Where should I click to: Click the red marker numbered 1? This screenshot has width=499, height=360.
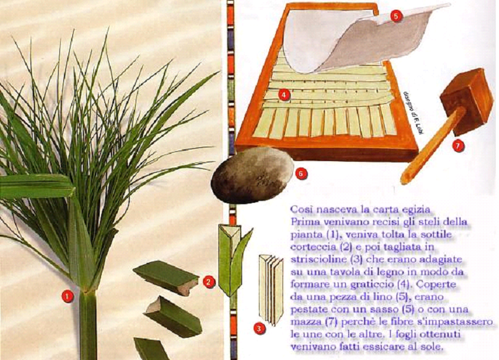[67, 296]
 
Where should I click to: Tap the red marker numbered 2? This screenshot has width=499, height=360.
[209, 282]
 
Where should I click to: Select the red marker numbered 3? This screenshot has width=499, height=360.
[260, 328]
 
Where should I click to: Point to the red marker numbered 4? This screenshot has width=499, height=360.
[284, 94]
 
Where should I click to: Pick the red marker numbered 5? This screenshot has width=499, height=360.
[395, 16]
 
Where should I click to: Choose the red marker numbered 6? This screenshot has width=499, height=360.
[301, 173]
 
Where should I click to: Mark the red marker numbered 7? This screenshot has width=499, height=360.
[458, 146]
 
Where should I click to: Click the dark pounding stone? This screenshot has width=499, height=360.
[252, 175]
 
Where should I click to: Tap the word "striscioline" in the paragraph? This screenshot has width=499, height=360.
[318, 259]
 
